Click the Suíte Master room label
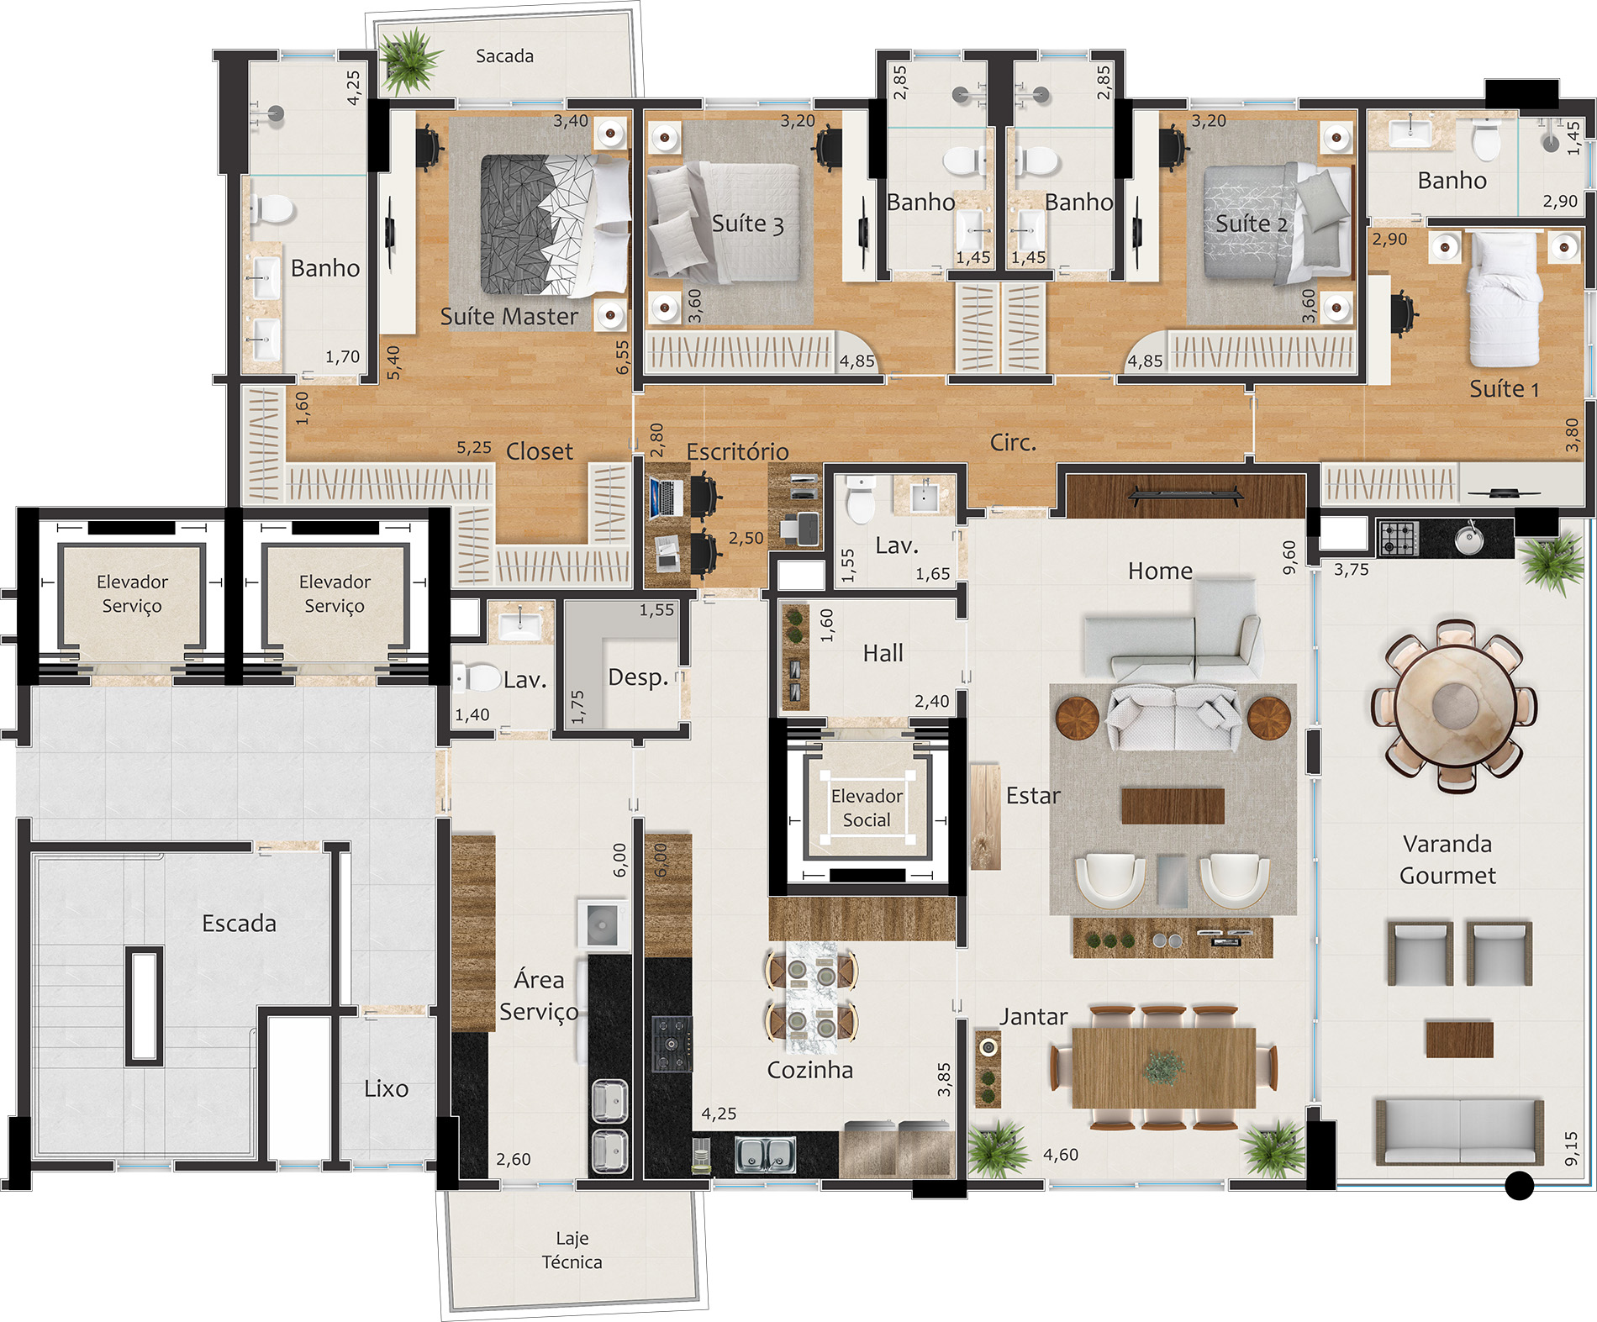(509, 316)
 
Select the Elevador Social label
(867, 808)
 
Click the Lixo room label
(387, 1088)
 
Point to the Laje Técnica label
(572, 1250)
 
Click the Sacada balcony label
(504, 56)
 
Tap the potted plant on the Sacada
(409, 59)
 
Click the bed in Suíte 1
(1505, 298)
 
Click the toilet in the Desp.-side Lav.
(477, 677)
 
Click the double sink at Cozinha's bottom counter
(765, 1155)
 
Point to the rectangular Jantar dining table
(1164, 1067)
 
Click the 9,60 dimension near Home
(1289, 557)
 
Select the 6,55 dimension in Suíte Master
(622, 357)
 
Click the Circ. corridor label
(1013, 442)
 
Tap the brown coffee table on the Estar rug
(1173, 805)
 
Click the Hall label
(883, 653)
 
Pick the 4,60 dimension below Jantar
(1061, 1155)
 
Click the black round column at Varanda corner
(1519, 1185)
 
